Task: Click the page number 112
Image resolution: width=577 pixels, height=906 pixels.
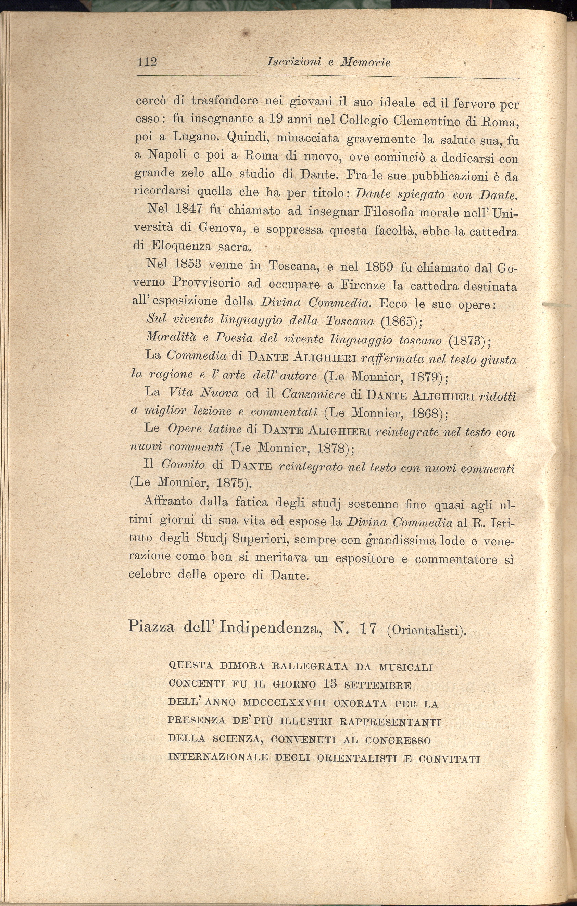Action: [x=147, y=61]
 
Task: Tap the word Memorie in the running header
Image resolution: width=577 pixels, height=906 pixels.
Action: [x=365, y=62]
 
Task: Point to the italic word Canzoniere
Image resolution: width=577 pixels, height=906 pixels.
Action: [x=313, y=394]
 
